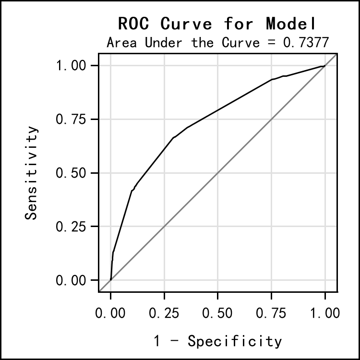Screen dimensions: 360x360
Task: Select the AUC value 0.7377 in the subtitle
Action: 306,42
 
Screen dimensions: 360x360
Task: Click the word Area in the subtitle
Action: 121,42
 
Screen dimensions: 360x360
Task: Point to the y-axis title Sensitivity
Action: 32,173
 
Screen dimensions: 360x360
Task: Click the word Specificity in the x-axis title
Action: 235,341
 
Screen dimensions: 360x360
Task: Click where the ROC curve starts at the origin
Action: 111,280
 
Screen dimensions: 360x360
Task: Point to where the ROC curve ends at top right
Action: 325,66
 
